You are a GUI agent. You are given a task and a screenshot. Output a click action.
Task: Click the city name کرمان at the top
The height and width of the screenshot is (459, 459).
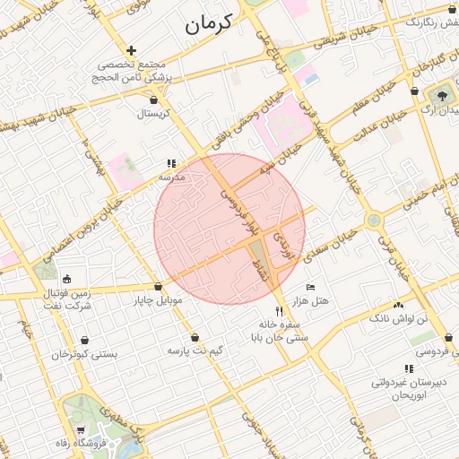(x=209, y=24)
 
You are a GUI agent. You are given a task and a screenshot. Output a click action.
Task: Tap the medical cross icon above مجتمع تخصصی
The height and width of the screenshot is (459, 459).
(x=132, y=50)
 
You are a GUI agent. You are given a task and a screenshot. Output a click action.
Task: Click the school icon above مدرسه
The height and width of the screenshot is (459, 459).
(x=170, y=164)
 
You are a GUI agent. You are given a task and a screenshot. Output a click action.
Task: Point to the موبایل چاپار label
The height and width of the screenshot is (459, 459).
(x=158, y=299)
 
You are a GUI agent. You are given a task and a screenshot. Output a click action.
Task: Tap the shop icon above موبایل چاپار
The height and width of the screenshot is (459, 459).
(x=159, y=287)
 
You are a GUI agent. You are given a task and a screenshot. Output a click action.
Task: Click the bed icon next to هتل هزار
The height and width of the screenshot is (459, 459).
(x=311, y=287)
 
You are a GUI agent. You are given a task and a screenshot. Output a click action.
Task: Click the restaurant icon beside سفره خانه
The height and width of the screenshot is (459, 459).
(x=279, y=310)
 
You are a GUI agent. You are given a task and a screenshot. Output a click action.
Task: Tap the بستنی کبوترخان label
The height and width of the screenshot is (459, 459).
(x=84, y=354)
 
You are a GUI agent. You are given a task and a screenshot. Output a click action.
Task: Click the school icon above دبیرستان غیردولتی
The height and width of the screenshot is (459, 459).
(x=409, y=368)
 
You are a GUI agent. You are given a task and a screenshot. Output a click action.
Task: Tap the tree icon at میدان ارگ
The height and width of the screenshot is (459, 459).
(x=443, y=94)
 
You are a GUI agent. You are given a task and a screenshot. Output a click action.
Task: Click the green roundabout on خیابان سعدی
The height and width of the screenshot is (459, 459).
(x=374, y=220)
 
